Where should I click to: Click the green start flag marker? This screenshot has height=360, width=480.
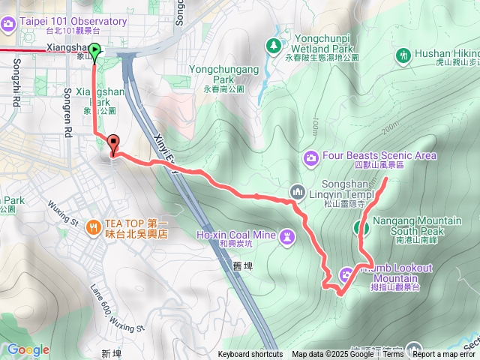[94, 52]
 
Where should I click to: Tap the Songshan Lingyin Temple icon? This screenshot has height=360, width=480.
[297, 190]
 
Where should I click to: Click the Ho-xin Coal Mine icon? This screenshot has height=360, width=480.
[286, 238]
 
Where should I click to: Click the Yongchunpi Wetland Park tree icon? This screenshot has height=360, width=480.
[274, 46]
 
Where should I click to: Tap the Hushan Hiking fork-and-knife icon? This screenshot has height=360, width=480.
[404, 55]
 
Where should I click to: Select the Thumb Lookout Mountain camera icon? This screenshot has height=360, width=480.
[347, 274]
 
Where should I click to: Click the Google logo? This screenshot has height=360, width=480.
[28, 349]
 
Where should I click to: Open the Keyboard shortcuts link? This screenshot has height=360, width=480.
[250, 355]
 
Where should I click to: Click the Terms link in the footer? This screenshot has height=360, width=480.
[393, 355]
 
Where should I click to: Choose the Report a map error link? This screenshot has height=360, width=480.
[445, 355]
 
